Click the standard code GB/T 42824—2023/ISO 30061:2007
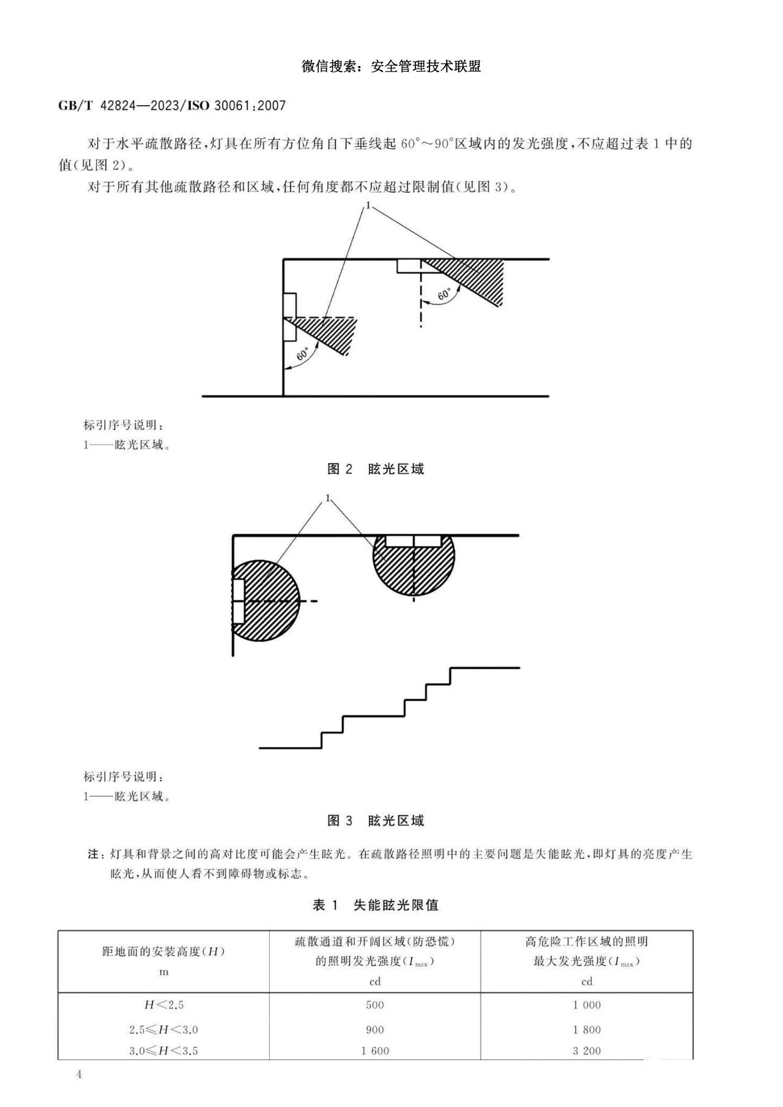tap(172, 105)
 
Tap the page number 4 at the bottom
tap(79, 1075)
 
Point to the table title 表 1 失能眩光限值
tap(376, 905)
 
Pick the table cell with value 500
tap(375, 1005)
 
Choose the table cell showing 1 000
tap(587, 1005)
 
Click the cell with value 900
tap(375, 1030)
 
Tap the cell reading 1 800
tap(587, 1030)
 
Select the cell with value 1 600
tap(375, 1051)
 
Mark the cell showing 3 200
tap(587, 1051)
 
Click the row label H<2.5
tap(163, 1005)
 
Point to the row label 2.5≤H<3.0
tap(163, 1030)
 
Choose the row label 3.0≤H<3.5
tap(163, 1051)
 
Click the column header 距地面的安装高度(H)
tap(163, 952)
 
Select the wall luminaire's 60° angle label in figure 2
tap(303, 354)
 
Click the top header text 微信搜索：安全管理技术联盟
tap(391, 66)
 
